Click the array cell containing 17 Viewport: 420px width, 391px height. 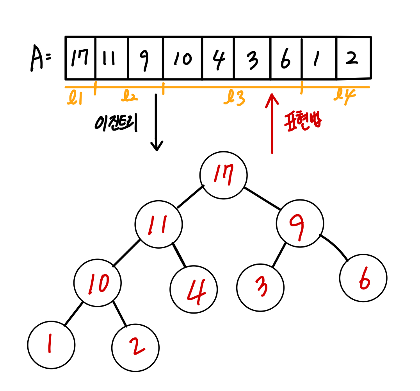[x=80, y=58]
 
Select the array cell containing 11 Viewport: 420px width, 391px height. [x=112, y=58]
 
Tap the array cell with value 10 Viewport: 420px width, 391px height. [x=183, y=58]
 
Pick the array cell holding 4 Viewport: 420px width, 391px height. [x=218, y=58]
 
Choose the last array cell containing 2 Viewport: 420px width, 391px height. [x=353, y=58]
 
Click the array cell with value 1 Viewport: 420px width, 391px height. [x=319, y=58]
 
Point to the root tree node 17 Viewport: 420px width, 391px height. [x=223, y=175]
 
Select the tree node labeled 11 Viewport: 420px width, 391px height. [x=158, y=224]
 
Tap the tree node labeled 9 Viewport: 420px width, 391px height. [x=300, y=223]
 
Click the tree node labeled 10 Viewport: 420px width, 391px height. [x=98, y=283]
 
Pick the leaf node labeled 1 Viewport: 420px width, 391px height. [x=51, y=344]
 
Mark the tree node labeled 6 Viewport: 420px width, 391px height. [x=363, y=278]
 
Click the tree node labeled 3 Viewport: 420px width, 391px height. [x=260, y=287]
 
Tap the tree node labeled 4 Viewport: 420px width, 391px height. [x=194, y=290]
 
